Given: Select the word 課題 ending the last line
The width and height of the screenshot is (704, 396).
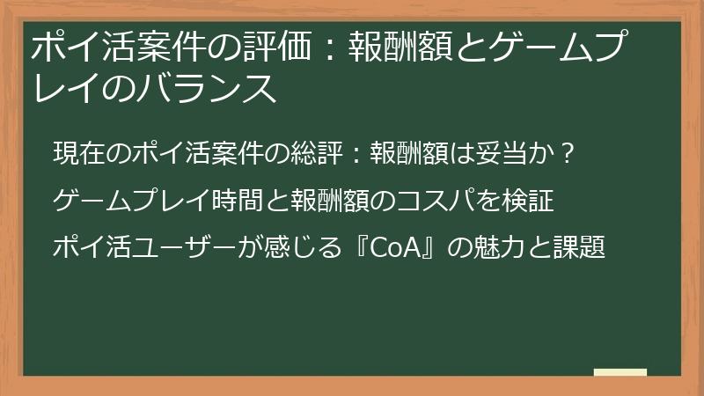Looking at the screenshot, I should (583, 248).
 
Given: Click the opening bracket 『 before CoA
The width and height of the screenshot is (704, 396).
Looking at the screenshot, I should (354, 248).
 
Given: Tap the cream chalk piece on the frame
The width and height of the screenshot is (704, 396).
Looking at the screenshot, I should (620, 373).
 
